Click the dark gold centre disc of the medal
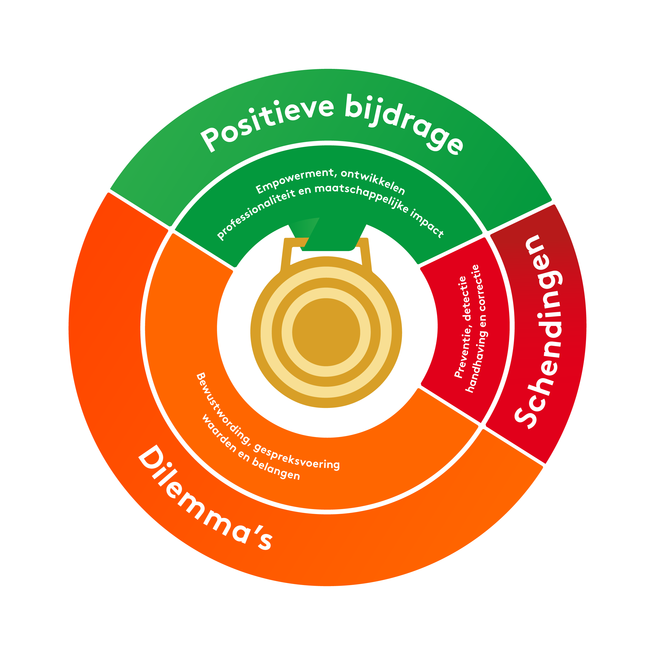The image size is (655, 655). pos(326,332)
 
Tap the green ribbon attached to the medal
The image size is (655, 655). pos(334,237)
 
